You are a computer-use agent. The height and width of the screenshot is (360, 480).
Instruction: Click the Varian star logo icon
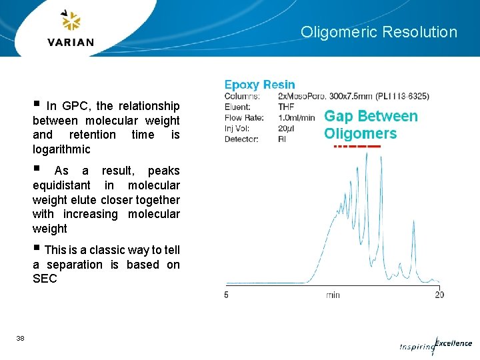coord(71,21)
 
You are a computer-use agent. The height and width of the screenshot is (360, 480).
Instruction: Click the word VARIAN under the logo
coord(71,42)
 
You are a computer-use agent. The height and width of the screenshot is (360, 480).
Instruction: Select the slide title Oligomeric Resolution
coord(379,32)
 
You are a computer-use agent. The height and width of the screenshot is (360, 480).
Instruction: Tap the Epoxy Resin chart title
coord(259,85)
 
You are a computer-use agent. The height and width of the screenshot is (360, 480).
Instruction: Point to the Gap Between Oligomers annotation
coord(371,125)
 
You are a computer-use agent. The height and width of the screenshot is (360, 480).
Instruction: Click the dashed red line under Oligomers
coord(357,146)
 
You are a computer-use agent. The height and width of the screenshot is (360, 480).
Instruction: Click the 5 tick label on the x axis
coord(227,294)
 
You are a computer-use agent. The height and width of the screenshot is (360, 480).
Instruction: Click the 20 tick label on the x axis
coord(439,294)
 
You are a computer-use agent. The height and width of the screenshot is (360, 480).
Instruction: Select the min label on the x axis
coord(333,294)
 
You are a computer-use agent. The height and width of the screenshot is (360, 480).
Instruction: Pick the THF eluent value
coord(286,107)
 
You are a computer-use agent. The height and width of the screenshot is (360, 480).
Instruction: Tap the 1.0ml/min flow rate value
coord(297,117)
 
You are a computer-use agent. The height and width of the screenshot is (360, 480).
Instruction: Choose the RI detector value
coord(282,139)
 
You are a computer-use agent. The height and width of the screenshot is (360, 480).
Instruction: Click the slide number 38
coord(20,339)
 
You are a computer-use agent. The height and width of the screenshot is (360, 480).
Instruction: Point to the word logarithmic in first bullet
coord(61,149)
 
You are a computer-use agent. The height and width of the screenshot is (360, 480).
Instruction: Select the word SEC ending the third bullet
coord(45,279)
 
